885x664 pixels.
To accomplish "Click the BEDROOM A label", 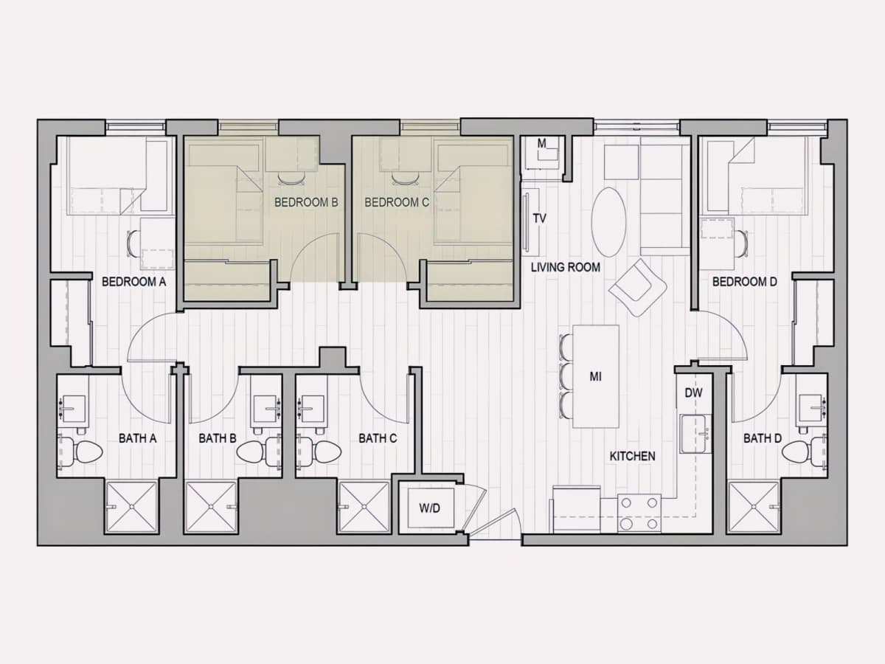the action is click(134, 281).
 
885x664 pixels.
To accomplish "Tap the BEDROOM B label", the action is click(306, 202).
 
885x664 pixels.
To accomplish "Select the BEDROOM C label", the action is click(397, 202).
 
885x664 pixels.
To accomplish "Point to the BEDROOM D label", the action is click(744, 281).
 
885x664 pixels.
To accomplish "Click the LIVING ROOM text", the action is click(565, 267).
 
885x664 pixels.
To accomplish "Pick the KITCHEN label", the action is click(632, 456).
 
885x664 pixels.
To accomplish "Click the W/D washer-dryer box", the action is click(430, 508).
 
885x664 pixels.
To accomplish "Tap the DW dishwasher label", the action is click(693, 392).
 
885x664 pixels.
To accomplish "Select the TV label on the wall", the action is click(539, 218).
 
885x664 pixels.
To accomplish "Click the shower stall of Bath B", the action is click(211, 507).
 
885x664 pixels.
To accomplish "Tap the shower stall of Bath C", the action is click(364, 507).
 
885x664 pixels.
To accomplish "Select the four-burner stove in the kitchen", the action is click(639, 513).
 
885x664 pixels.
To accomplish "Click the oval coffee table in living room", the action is click(609, 222).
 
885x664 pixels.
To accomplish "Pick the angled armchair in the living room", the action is click(637, 288).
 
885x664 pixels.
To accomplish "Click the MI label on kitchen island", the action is click(595, 376).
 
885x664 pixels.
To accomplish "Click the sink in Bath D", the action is click(811, 409).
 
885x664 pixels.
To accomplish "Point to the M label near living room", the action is click(541, 143).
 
